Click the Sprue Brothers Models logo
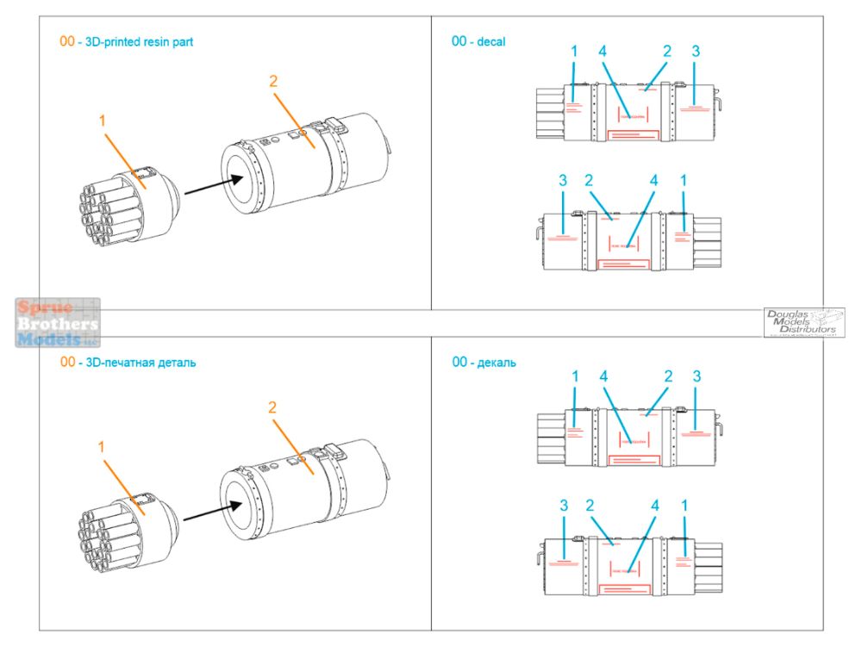[x=58, y=322]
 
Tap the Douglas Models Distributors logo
[x=803, y=322]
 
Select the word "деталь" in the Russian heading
[x=175, y=362]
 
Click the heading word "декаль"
[x=497, y=363]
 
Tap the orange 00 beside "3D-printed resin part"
[x=66, y=41]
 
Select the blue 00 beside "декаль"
[x=459, y=363]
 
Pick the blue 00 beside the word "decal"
[x=459, y=41]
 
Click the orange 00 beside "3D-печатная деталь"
[x=67, y=362]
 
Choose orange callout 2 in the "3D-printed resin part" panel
[x=273, y=82]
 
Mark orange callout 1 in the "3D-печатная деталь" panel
[x=101, y=447]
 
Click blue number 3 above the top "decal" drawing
[x=696, y=52]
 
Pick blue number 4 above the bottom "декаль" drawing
[x=654, y=505]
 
